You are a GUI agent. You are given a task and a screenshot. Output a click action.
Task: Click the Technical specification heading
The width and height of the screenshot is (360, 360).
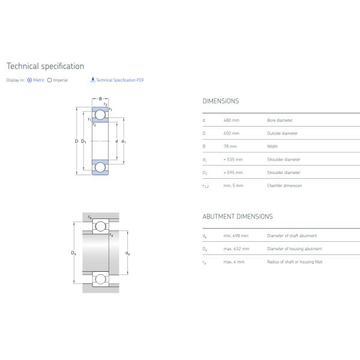45,66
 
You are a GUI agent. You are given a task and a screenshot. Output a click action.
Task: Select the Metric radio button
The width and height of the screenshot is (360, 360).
30,80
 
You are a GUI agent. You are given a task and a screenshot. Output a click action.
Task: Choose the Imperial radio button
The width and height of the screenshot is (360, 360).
49,80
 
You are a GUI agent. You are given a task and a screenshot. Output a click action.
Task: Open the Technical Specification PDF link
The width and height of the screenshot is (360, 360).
119,80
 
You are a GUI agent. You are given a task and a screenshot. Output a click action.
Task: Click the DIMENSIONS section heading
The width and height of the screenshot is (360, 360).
220,101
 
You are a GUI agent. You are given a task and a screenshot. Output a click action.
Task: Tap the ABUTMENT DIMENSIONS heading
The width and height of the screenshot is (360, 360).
237,217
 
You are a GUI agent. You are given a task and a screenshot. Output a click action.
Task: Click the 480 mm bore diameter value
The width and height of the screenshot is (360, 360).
231,121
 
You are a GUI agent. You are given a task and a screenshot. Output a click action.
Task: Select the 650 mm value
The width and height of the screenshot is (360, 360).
231,134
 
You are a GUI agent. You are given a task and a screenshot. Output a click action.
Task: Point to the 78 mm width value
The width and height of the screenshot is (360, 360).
230,146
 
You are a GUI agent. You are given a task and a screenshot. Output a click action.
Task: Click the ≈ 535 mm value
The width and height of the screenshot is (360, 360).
233,160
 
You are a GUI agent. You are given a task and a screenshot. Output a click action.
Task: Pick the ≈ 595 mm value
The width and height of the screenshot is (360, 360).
233,173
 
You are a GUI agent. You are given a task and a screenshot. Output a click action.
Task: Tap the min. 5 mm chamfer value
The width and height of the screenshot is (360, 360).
233,186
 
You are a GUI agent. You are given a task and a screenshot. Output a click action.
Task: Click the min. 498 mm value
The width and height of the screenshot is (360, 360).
235,236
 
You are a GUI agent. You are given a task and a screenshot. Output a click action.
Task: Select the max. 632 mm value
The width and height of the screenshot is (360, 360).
235,249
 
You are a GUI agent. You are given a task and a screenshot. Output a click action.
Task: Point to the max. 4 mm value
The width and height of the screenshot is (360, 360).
233,262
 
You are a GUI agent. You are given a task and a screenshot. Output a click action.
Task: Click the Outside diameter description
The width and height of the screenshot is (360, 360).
282,134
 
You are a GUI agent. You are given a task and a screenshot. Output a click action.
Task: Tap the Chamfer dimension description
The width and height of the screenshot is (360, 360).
284,186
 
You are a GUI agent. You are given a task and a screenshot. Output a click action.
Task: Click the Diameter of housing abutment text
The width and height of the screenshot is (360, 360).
294,249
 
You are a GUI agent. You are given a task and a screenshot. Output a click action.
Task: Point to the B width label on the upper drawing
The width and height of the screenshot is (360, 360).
100,99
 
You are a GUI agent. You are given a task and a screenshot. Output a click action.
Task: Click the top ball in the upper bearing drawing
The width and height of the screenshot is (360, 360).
100,115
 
